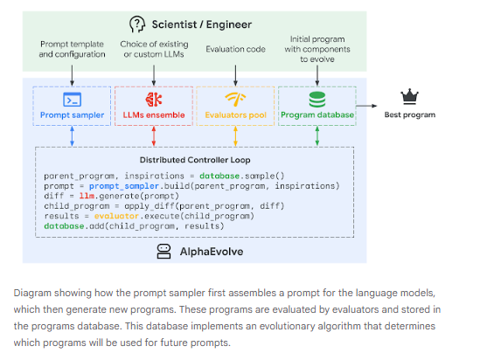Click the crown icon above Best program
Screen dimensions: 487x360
click(x=409, y=96)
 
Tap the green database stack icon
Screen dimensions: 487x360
click(x=317, y=100)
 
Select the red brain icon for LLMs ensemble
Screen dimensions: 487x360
click(x=154, y=100)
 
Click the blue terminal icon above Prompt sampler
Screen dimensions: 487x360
click(x=72, y=100)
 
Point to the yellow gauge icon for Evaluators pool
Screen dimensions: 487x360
click(x=235, y=100)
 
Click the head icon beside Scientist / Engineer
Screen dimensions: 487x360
click(x=137, y=24)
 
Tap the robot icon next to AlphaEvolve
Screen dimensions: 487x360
click(x=163, y=251)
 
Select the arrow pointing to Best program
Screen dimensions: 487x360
click(x=366, y=106)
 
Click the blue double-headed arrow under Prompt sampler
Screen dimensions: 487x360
click(x=72, y=136)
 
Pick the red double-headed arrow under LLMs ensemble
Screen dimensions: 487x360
click(x=154, y=136)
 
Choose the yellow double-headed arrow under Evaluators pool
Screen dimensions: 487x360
click(x=235, y=136)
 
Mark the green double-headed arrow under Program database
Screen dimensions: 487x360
click(x=317, y=136)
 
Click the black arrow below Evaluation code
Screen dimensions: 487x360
click(x=235, y=75)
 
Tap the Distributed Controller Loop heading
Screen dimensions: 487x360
click(x=195, y=160)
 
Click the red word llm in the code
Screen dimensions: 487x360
click(x=87, y=196)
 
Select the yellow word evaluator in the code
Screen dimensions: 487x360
click(x=116, y=216)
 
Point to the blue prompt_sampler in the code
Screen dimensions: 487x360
click(x=124, y=186)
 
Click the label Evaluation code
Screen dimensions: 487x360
click(x=235, y=49)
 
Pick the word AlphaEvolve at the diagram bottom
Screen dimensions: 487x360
click(x=212, y=252)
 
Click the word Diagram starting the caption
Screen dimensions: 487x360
click(x=32, y=293)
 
